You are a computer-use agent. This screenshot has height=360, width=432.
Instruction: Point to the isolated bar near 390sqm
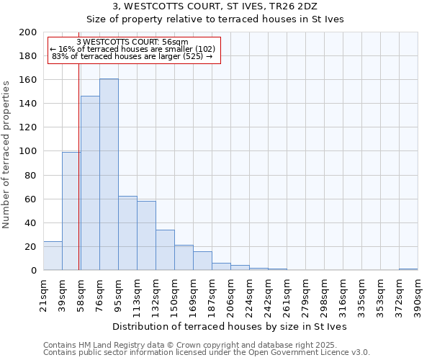coord(408,269)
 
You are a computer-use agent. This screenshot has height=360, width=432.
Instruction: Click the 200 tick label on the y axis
coord(28,32)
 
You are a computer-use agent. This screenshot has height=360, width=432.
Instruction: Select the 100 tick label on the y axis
coord(28,151)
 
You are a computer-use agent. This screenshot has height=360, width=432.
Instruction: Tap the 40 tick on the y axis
coord(31,222)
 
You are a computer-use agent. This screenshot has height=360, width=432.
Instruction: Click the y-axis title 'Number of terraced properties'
coord(6,155)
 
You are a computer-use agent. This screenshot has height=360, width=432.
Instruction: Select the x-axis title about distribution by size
coord(230,326)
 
